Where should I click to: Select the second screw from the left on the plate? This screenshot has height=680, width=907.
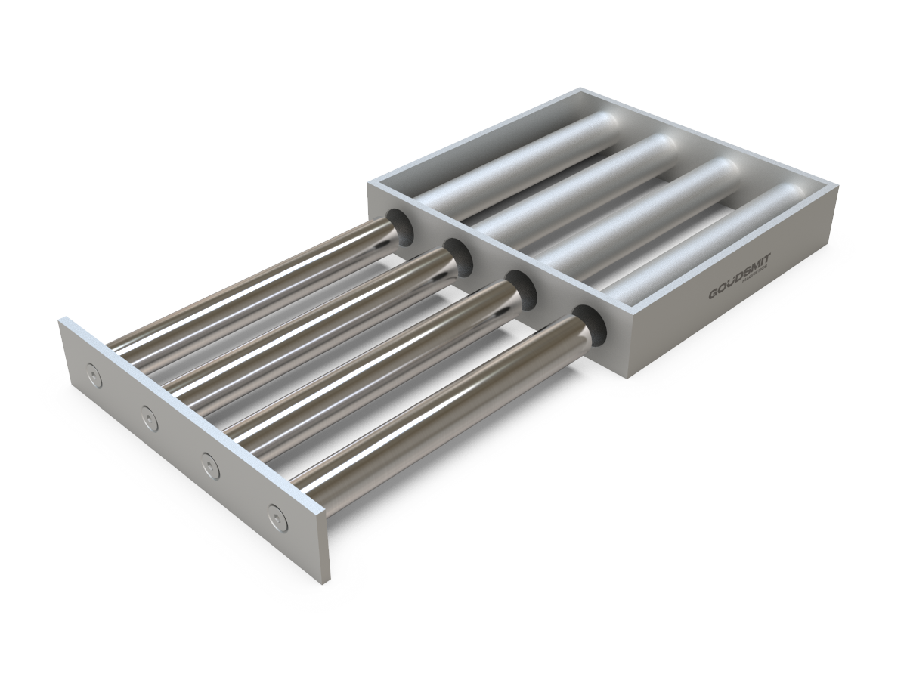click(x=147, y=415)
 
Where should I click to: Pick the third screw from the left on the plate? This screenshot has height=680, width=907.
click(x=207, y=461)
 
